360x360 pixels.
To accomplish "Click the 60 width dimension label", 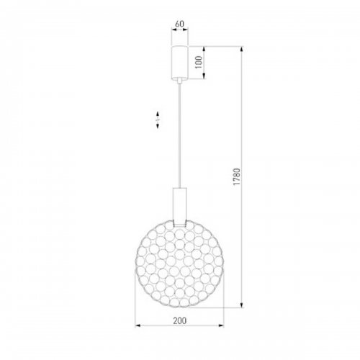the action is [179, 24].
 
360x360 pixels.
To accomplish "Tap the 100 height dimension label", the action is [199, 63].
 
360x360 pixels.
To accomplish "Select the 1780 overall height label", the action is [237, 176].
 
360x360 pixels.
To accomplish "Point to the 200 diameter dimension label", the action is [179, 320].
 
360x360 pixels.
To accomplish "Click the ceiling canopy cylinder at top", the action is [179, 62].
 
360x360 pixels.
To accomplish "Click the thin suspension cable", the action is [179, 135].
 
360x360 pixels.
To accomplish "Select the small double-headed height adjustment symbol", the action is [158, 120].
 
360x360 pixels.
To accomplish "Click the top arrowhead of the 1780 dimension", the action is [242, 49].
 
